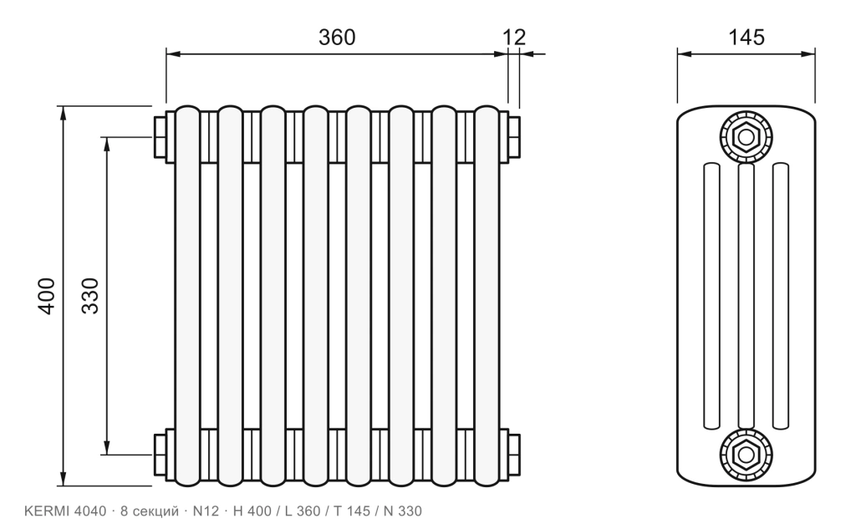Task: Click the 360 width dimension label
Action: [337, 37]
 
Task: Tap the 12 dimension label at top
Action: [514, 37]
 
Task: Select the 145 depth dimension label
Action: [746, 37]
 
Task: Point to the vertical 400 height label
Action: [47, 296]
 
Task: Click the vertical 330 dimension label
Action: [90, 296]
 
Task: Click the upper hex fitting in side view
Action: [746, 137]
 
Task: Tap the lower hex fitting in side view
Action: [746, 455]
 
